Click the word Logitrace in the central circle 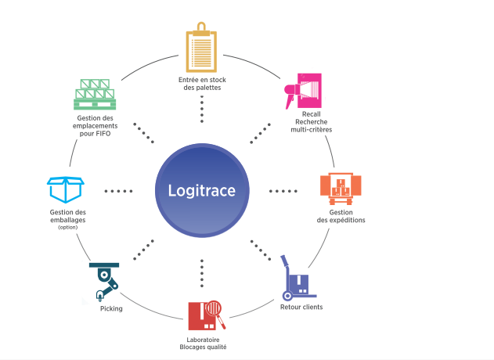[202, 190]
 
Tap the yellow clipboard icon [201, 47]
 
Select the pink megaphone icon [303, 91]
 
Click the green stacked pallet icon [95, 94]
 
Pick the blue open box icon [66, 189]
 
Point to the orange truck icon [341, 189]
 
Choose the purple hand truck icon [297, 278]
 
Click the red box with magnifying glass [207, 315]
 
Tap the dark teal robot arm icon [104, 282]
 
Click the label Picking [111, 308]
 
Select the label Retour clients [301, 307]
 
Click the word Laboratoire [203, 340]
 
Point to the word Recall [312, 114]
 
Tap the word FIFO [103, 134]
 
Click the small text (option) [68, 228]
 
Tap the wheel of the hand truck [287, 296]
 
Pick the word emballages [68, 220]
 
